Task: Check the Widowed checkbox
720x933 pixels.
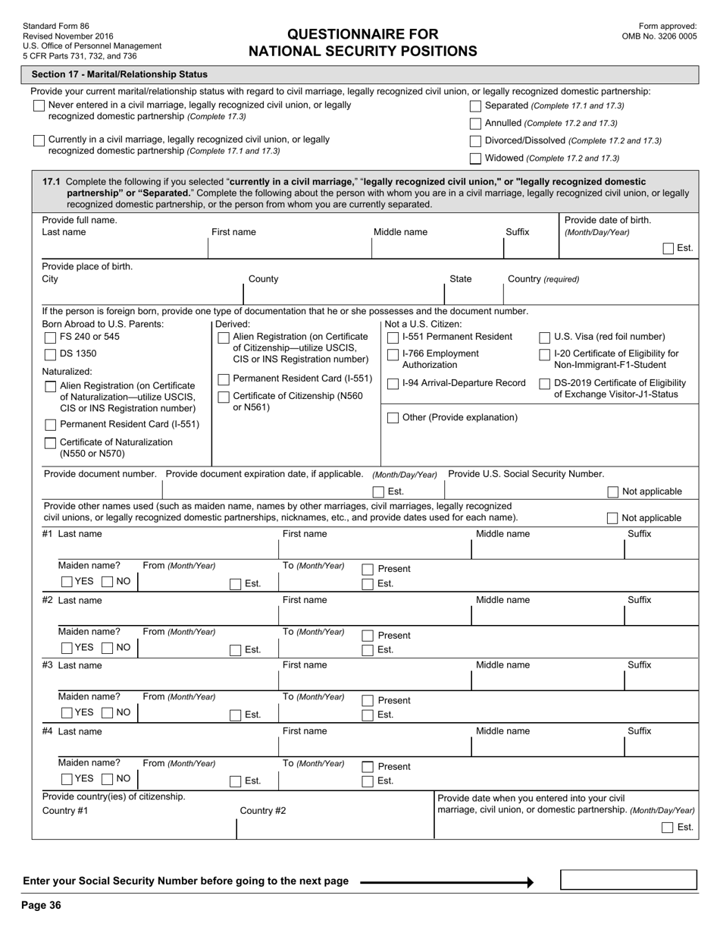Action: click(x=475, y=159)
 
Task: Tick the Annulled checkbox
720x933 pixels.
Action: click(x=475, y=124)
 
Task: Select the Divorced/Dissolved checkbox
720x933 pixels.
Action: click(x=475, y=141)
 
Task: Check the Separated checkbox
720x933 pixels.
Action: click(x=475, y=106)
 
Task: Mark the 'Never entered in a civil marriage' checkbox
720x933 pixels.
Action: click(x=39, y=106)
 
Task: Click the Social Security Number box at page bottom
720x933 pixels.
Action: click(x=628, y=880)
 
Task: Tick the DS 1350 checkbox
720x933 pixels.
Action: click(x=51, y=354)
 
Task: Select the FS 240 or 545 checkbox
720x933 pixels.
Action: click(x=51, y=337)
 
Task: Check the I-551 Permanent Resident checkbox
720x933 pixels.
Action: click(x=393, y=338)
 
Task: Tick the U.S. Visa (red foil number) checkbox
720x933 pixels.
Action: click(x=544, y=338)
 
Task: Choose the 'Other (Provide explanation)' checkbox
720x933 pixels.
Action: click(x=393, y=418)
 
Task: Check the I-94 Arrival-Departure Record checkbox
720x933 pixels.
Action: click(x=393, y=384)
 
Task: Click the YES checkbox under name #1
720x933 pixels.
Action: click(x=67, y=582)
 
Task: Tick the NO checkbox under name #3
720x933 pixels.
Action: click(x=108, y=713)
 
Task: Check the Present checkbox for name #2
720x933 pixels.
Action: click(x=368, y=636)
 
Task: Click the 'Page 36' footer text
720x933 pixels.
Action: click(x=41, y=905)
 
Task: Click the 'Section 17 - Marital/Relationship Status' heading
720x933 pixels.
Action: click(x=119, y=74)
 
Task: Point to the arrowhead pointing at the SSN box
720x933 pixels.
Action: click(x=530, y=882)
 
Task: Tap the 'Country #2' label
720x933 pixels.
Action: click(x=262, y=811)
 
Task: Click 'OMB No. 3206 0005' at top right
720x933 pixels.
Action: click(x=659, y=36)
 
